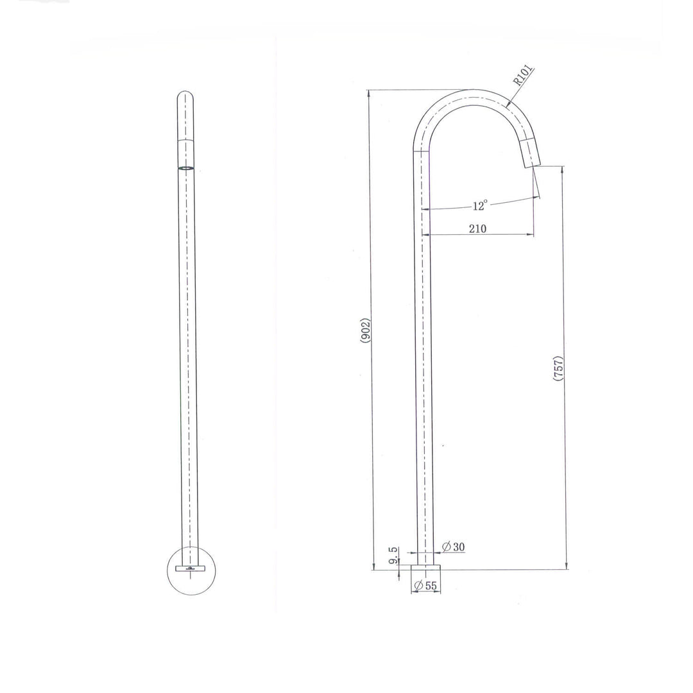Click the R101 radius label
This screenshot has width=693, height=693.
pyautogui.click(x=523, y=76)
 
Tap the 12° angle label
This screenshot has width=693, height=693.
pyautogui.click(x=480, y=205)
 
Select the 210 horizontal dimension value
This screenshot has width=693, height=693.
pyautogui.click(x=477, y=228)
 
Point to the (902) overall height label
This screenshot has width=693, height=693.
pyautogui.click(x=364, y=330)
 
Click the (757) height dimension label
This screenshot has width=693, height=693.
pyautogui.click(x=558, y=369)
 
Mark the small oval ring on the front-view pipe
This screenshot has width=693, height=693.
pyautogui.click(x=185, y=168)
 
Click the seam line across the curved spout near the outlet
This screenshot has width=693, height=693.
pyautogui.click(x=527, y=139)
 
